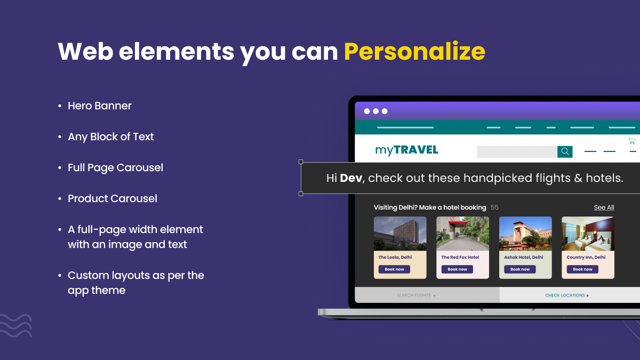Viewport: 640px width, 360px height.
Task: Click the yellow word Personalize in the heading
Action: click(x=414, y=52)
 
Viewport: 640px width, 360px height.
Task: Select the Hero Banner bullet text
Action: click(x=99, y=106)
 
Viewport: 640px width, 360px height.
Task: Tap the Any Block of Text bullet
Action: click(x=110, y=137)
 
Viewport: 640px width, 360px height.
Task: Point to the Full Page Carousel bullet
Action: click(x=115, y=167)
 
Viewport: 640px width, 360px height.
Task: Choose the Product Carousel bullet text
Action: click(x=112, y=198)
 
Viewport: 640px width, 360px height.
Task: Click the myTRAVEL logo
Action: click(x=406, y=150)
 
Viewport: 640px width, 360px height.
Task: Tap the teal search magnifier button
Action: click(x=565, y=152)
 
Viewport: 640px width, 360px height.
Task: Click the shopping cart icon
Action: click(x=631, y=141)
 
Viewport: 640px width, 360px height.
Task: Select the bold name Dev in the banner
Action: click(x=351, y=178)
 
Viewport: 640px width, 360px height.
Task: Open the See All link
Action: click(x=604, y=207)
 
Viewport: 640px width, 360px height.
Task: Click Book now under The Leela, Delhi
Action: click(x=394, y=269)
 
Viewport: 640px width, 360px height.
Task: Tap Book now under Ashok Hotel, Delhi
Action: click(x=520, y=269)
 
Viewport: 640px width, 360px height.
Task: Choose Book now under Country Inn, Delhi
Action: click(x=582, y=269)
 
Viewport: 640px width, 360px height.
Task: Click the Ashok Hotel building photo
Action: click(x=525, y=234)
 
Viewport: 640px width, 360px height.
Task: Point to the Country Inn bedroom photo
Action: click(x=588, y=234)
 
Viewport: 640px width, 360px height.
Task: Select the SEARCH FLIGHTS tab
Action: click(x=416, y=295)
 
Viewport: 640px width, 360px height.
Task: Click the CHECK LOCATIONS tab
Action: click(x=566, y=295)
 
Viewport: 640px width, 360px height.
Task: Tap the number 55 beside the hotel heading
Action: click(x=494, y=207)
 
